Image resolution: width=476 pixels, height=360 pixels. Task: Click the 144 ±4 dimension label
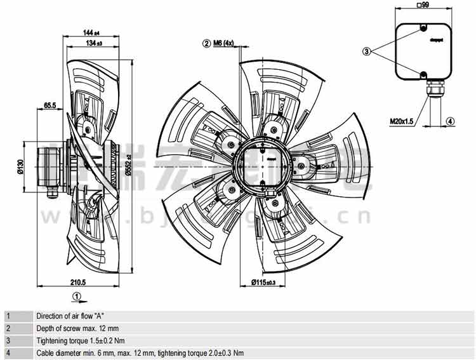pyautogui.click(x=93, y=32)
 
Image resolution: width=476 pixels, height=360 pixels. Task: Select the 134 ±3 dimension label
pyautogui.click(x=93, y=43)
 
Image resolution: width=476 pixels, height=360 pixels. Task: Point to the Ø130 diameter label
pyautogui.click(x=20, y=166)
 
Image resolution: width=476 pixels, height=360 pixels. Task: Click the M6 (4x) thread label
pyautogui.click(x=223, y=43)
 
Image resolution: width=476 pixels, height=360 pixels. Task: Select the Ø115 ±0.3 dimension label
pyautogui.click(x=263, y=283)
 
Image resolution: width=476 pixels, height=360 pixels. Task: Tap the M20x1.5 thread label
pyautogui.click(x=401, y=120)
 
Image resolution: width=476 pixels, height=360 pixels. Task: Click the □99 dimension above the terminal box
pyautogui.click(x=423, y=6)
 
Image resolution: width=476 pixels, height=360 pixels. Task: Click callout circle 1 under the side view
pyautogui.click(x=76, y=295)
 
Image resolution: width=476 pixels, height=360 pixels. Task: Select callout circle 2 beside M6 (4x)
pyautogui.click(x=206, y=43)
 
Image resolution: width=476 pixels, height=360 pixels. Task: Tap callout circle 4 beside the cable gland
pyautogui.click(x=450, y=120)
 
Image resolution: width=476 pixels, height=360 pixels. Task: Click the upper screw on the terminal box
pyautogui.click(x=423, y=28)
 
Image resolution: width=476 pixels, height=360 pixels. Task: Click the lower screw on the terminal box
pyautogui.click(x=423, y=74)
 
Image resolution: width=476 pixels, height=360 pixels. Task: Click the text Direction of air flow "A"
pyautogui.click(x=70, y=316)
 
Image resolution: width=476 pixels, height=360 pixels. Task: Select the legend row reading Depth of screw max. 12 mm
pyautogui.click(x=77, y=328)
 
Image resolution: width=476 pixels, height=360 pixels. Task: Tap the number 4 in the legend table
pyautogui.click(x=8, y=353)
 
